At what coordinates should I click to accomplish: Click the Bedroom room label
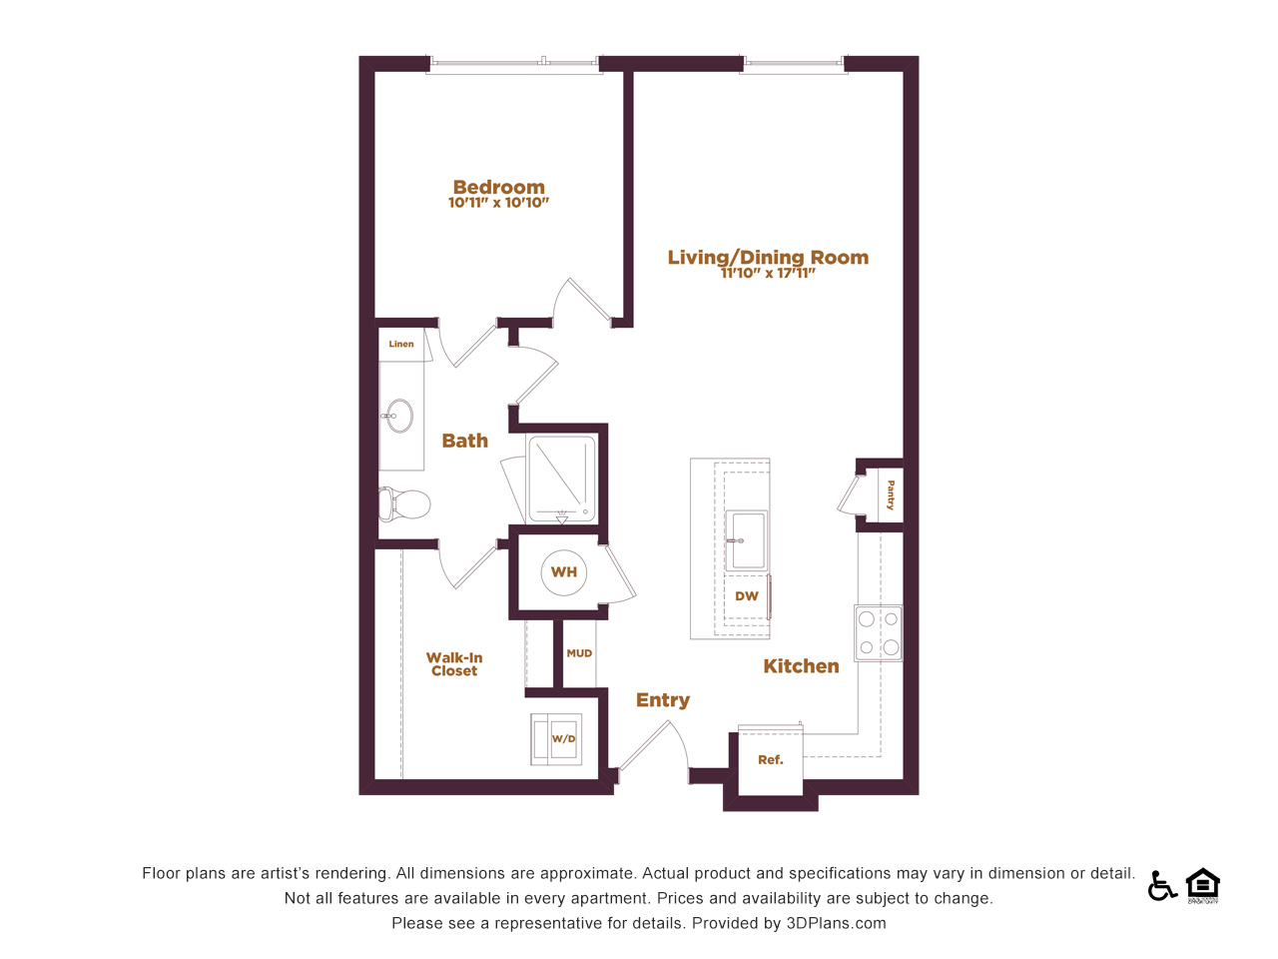click(x=499, y=187)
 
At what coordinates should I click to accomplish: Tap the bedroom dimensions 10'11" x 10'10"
click(x=498, y=203)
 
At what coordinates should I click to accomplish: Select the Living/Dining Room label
click(x=768, y=257)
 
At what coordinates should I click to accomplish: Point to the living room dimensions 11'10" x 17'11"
click(x=768, y=273)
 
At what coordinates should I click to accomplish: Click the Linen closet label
click(x=401, y=344)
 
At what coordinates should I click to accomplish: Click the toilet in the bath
click(x=404, y=504)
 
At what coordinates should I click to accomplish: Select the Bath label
click(x=464, y=441)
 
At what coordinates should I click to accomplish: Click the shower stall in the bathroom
click(x=561, y=479)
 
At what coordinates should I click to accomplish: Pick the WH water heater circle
click(x=563, y=572)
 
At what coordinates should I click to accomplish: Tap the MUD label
click(x=579, y=653)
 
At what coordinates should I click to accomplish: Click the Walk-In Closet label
click(x=454, y=664)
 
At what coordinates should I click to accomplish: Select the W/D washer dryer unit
click(x=556, y=739)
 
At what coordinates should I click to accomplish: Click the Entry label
click(x=663, y=700)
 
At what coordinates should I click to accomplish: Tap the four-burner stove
click(x=878, y=633)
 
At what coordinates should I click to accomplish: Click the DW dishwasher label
click(x=747, y=596)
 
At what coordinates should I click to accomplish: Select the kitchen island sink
click(x=746, y=539)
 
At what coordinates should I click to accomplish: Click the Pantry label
click(x=891, y=494)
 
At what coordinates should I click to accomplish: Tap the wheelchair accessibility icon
click(x=1162, y=886)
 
